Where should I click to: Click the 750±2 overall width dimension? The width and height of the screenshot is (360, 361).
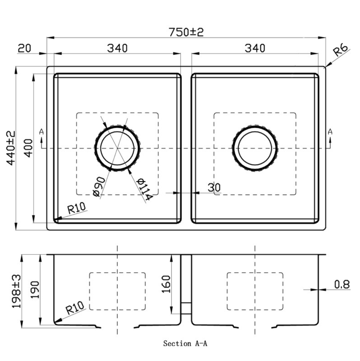(x=186, y=32)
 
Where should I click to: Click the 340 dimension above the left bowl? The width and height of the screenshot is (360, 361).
(x=117, y=48)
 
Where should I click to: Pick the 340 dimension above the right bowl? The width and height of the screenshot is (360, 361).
(x=255, y=48)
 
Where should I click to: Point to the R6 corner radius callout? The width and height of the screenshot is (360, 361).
(x=341, y=50)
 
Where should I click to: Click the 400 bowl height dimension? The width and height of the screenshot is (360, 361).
(x=28, y=148)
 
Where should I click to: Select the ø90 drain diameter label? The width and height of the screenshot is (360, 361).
(x=100, y=186)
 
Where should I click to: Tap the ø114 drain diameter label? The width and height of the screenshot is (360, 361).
(x=143, y=189)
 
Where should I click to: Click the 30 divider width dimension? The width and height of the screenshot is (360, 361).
(x=214, y=187)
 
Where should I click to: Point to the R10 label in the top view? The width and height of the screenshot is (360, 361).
(x=76, y=208)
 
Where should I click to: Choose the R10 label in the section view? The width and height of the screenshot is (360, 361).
(x=75, y=308)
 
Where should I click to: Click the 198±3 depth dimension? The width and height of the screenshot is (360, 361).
(x=16, y=291)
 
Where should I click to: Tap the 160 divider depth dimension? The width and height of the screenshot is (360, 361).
(x=166, y=284)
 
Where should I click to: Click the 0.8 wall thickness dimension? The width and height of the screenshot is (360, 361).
(x=342, y=284)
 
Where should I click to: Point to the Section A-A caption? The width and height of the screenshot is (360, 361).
(x=185, y=343)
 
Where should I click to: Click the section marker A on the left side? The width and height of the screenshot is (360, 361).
(x=42, y=132)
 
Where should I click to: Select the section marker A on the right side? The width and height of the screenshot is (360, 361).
(x=330, y=132)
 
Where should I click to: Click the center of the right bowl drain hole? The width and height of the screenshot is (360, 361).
(x=255, y=148)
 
